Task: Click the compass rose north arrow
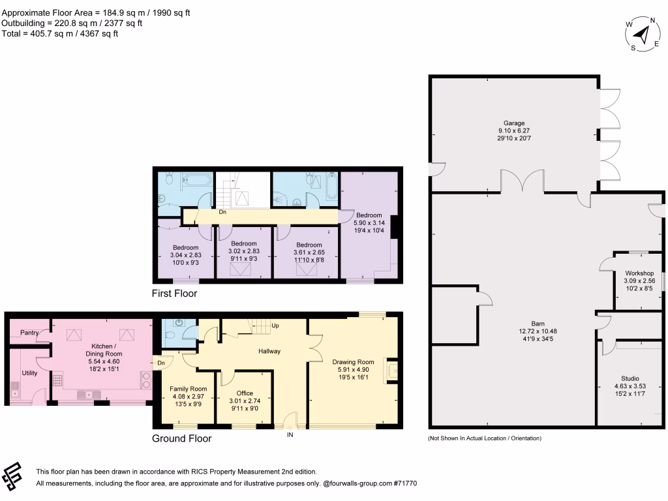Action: pos(643,34)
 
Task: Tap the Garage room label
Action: pos(513,123)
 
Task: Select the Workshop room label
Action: pos(639,273)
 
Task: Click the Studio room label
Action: pos(630,378)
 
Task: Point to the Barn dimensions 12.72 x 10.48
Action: pos(538,331)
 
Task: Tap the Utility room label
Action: pos(30,372)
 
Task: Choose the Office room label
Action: pos(245,393)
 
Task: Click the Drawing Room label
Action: pos(353,362)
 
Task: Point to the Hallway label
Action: pos(269,351)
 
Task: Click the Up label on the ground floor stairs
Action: pos(275,325)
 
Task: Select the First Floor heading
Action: pos(174,294)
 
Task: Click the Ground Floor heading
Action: pos(181,438)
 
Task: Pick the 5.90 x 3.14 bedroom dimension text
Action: pos(369,222)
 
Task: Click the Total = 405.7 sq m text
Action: pos(60,34)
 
